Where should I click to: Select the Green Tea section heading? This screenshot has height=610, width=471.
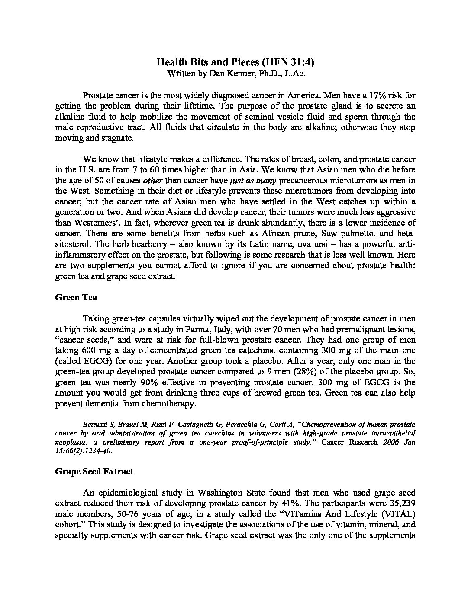point(76,297)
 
